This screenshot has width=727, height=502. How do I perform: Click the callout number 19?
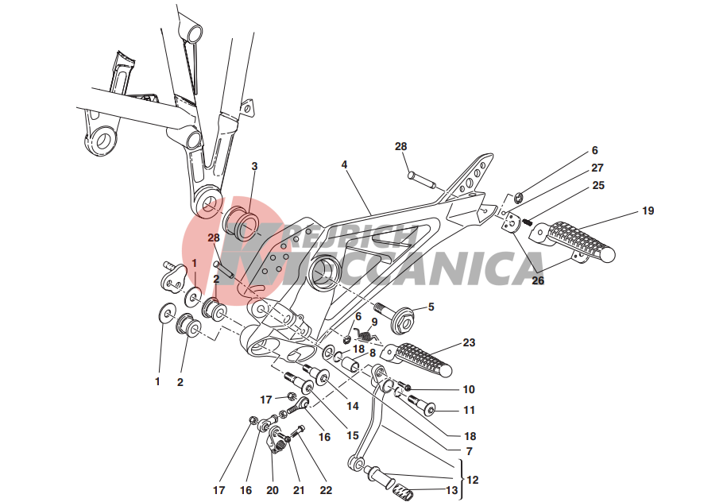coord(648,211)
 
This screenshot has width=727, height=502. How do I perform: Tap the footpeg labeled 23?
coord(416,358)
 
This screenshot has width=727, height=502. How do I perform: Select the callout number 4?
coord(344,164)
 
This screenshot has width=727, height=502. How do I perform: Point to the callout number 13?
coord(451,490)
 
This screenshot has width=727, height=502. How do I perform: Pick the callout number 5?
coord(431,307)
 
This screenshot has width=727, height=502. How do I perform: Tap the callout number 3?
coord(254,166)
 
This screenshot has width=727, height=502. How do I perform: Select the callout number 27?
coord(597,168)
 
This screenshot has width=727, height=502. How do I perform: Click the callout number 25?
coord(598,185)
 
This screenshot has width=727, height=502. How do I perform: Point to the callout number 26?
coord(538,281)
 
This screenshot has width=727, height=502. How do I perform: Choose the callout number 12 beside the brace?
coord(473,480)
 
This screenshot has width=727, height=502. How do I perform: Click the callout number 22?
coord(326,490)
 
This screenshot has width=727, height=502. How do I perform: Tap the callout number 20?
coord(273,490)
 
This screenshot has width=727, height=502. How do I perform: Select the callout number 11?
coord(470,410)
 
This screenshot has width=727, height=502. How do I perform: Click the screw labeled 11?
coord(421,404)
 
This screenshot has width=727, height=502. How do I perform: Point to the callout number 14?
coord(353,406)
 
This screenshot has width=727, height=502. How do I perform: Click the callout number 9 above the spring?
coord(374,322)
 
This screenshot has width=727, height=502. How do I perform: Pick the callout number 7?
coord(470,451)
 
